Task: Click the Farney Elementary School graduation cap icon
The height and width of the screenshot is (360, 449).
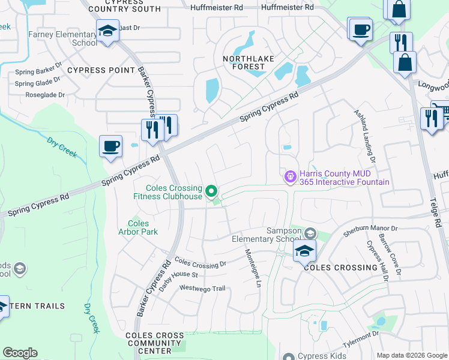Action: (107, 31)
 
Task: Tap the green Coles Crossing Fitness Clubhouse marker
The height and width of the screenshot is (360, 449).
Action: (211, 191)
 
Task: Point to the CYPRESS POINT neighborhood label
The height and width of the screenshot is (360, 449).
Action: (101, 70)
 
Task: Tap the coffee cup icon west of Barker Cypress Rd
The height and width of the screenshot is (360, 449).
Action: (111, 147)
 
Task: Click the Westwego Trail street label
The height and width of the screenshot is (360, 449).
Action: (203, 289)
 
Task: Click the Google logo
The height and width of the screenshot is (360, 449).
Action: (20, 353)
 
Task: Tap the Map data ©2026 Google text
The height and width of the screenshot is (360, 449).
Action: (411, 355)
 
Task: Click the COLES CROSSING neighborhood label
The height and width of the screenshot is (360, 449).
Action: (340, 268)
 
